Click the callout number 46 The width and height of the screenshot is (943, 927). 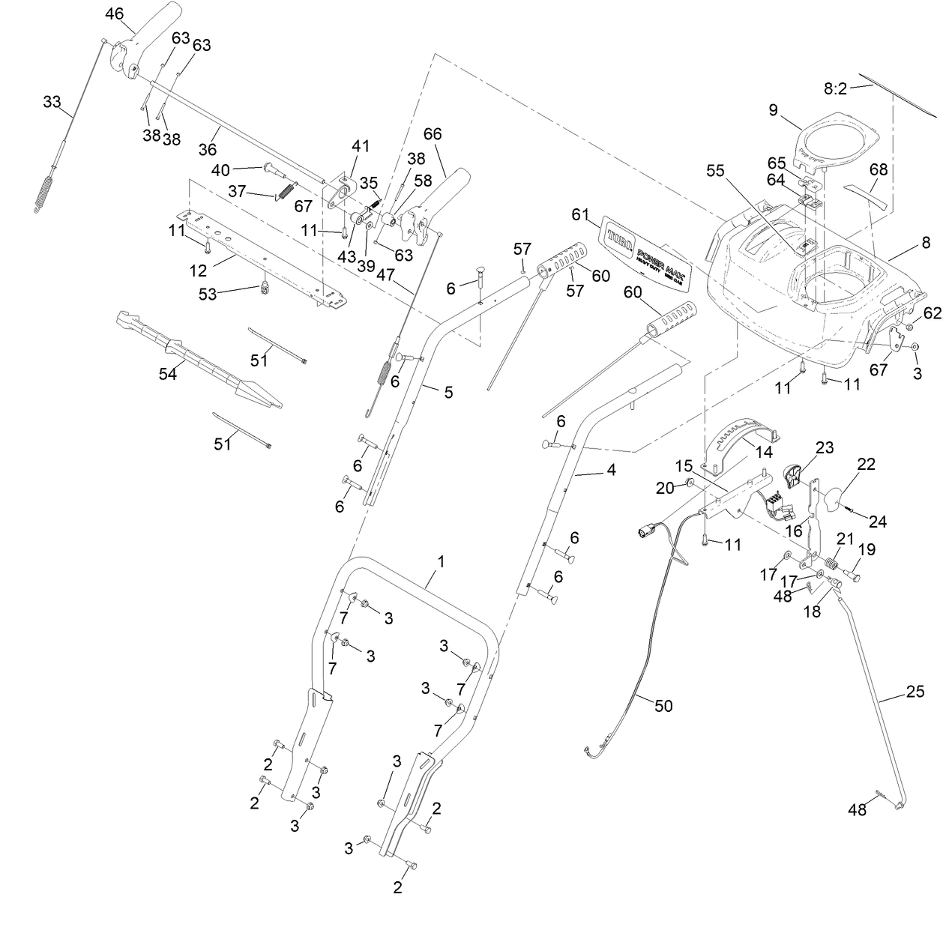[115, 13]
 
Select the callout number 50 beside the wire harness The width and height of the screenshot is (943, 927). [663, 705]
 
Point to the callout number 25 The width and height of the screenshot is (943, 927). [915, 692]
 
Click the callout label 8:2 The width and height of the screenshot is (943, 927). [834, 88]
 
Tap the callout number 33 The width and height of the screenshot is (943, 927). [52, 101]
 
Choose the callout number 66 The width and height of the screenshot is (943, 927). [433, 134]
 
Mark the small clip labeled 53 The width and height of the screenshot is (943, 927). [264, 287]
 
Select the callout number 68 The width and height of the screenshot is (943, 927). [878, 169]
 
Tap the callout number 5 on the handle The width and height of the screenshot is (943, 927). [448, 392]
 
